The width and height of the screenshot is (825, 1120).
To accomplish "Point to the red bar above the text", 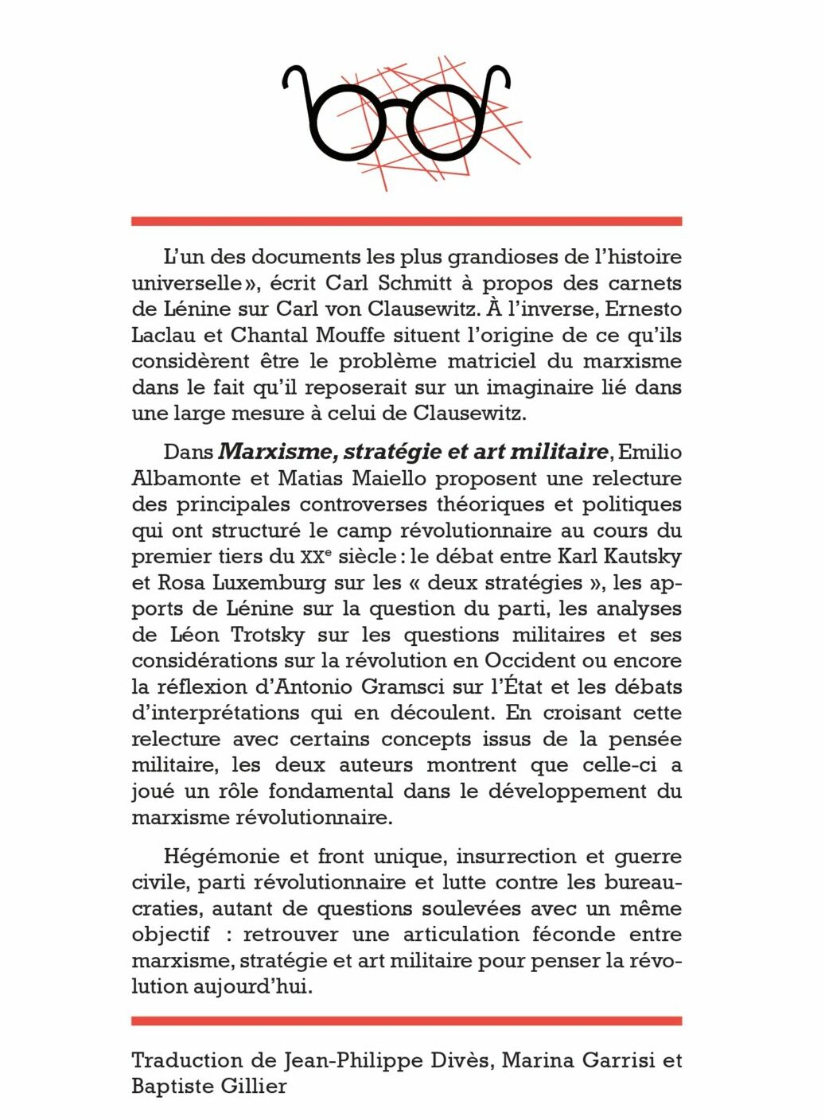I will click(x=407, y=220).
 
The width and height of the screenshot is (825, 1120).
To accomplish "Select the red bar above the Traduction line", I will click(x=407, y=1020).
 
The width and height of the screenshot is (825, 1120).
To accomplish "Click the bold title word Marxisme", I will click(x=269, y=452).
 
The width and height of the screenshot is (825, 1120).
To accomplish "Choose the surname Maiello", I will click(x=376, y=478).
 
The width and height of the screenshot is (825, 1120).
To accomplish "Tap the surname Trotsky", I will click(x=238, y=635).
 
